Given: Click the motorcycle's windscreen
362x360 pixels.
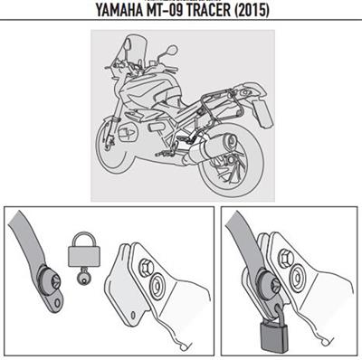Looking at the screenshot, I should point(136,54).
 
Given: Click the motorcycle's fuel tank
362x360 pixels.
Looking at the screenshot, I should point(166,90).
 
